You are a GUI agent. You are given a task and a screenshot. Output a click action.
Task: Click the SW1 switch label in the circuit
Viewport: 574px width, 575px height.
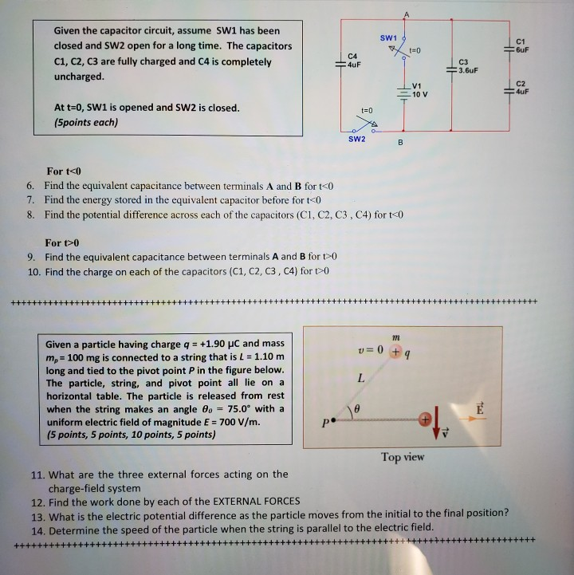pos(388,38)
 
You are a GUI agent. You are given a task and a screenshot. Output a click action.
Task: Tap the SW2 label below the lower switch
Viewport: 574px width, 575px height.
pos(357,139)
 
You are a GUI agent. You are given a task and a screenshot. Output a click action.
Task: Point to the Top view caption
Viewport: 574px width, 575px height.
pos(403,457)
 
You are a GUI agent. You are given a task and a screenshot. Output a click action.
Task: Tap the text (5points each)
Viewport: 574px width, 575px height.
pos(85,122)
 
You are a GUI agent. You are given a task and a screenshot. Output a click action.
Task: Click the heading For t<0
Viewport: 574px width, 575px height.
pos(65,171)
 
